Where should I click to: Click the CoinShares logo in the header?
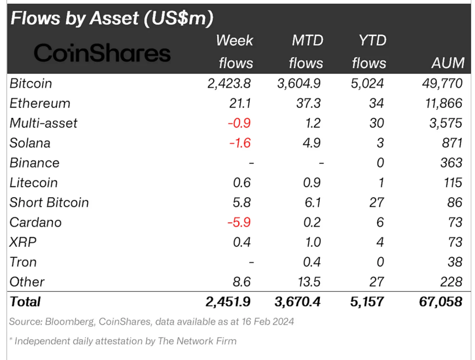tap(102, 53)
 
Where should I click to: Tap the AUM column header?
tap(448, 63)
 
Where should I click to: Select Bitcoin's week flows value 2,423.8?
tap(229, 83)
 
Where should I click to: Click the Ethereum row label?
tap(40, 103)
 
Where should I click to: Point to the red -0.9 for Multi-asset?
tap(239, 123)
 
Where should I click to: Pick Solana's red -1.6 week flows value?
tap(240, 143)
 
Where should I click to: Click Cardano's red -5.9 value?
tap(239, 222)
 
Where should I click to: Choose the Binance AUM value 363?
tap(451, 163)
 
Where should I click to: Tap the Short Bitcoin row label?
tap(49, 202)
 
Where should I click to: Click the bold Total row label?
tap(25, 302)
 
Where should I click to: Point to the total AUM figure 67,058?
tap(440, 302)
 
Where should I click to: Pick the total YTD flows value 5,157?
tap(367, 302)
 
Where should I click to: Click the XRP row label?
tap(23, 242)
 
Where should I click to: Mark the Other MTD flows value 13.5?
tap(309, 282)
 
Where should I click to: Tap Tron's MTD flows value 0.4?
tap(312, 262)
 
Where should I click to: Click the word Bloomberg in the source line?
tap(70, 322)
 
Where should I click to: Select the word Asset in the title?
tap(114, 18)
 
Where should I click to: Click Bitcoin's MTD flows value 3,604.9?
tap(299, 83)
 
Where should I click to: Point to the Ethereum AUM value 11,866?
tap(443, 103)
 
